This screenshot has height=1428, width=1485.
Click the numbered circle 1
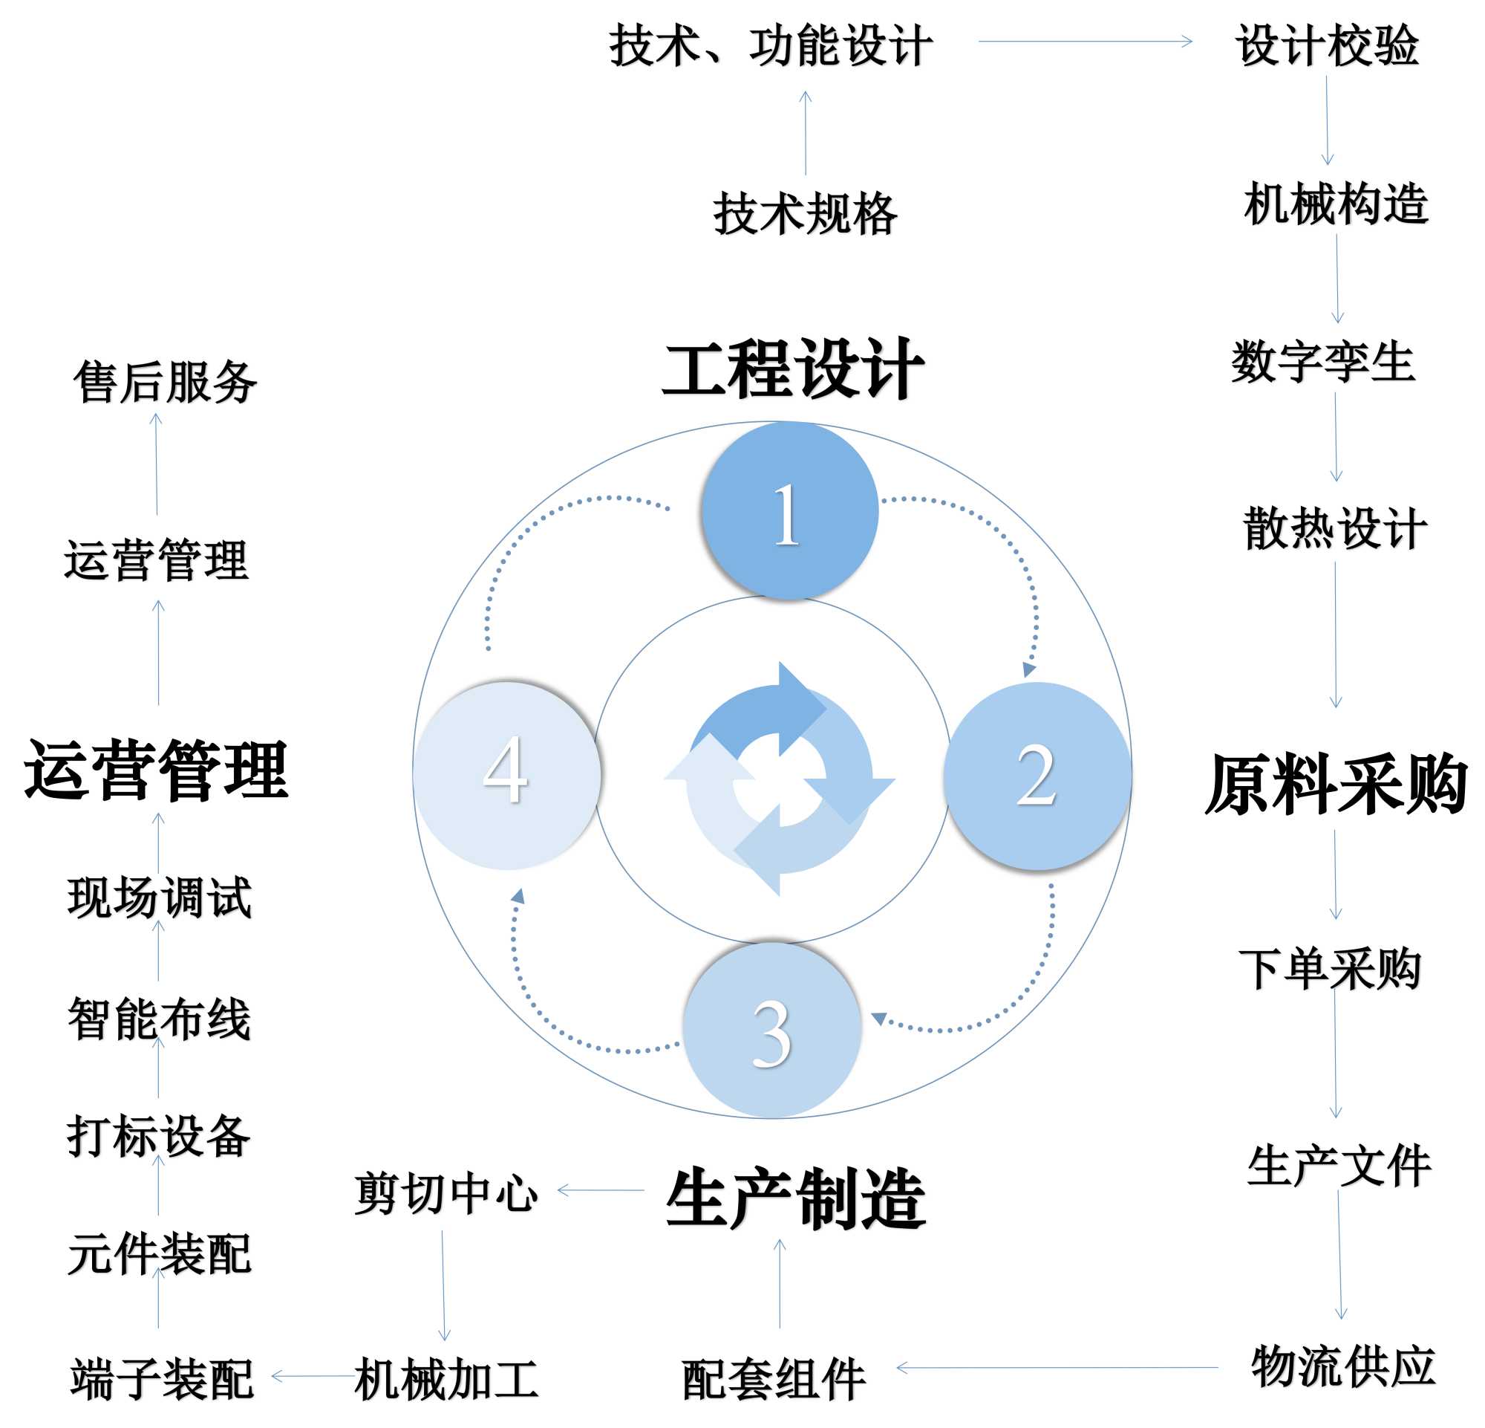pyautogui.click(x=789, y=512)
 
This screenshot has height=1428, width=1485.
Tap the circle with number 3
pyautogui.click(x=772, y=1030)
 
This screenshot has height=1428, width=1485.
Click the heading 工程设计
pyautogui.click(x=792, y=369)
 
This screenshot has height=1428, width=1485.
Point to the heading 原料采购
pyautogui.click(x=1335, y=785)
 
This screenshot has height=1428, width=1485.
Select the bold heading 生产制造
pyautogui.click(x=795, y=1200)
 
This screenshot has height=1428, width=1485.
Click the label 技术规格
pyautogui.click(x=805, y=214)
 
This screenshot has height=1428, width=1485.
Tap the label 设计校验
pyautogui.click(x=1328, y=45)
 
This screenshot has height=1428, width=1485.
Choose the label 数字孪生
pyautogui.click(x=1323, y=362)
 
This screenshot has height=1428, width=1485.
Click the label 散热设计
pyautogui.click(x=1335, y=528)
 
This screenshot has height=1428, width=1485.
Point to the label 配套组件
pyautogui.click(x=773, y=1379)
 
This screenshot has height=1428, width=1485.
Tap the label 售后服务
pyautogui.click(x=165, y=381)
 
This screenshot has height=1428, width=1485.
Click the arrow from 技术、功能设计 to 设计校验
pyautogui.click(x=1085, y=42)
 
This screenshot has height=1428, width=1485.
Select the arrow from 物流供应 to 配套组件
pyautogui.click(x=1057, y=1368)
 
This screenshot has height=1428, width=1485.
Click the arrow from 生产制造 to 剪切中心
pyautogui.click(x=600, y=1191)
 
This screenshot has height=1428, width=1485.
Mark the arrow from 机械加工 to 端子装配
pyautogui.click(x=312, y=1377)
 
